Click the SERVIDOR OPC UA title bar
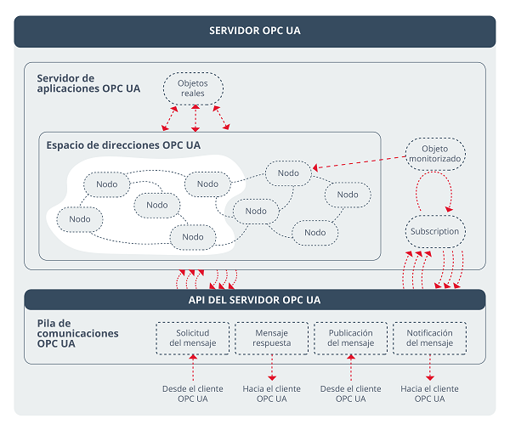254,31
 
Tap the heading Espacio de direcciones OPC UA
123,145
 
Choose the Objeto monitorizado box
435,154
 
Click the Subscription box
434,231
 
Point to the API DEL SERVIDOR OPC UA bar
254,300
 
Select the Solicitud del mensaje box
193,338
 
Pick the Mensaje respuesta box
272,338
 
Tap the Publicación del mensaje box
351,338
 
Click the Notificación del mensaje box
429,338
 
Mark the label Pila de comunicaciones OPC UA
77,334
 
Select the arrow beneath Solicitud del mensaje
193,368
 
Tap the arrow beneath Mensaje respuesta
272,368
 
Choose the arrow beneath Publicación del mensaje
351,368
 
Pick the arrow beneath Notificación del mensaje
429,368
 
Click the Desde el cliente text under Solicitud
193,393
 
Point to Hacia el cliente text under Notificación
429,393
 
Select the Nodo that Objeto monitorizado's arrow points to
288,173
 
